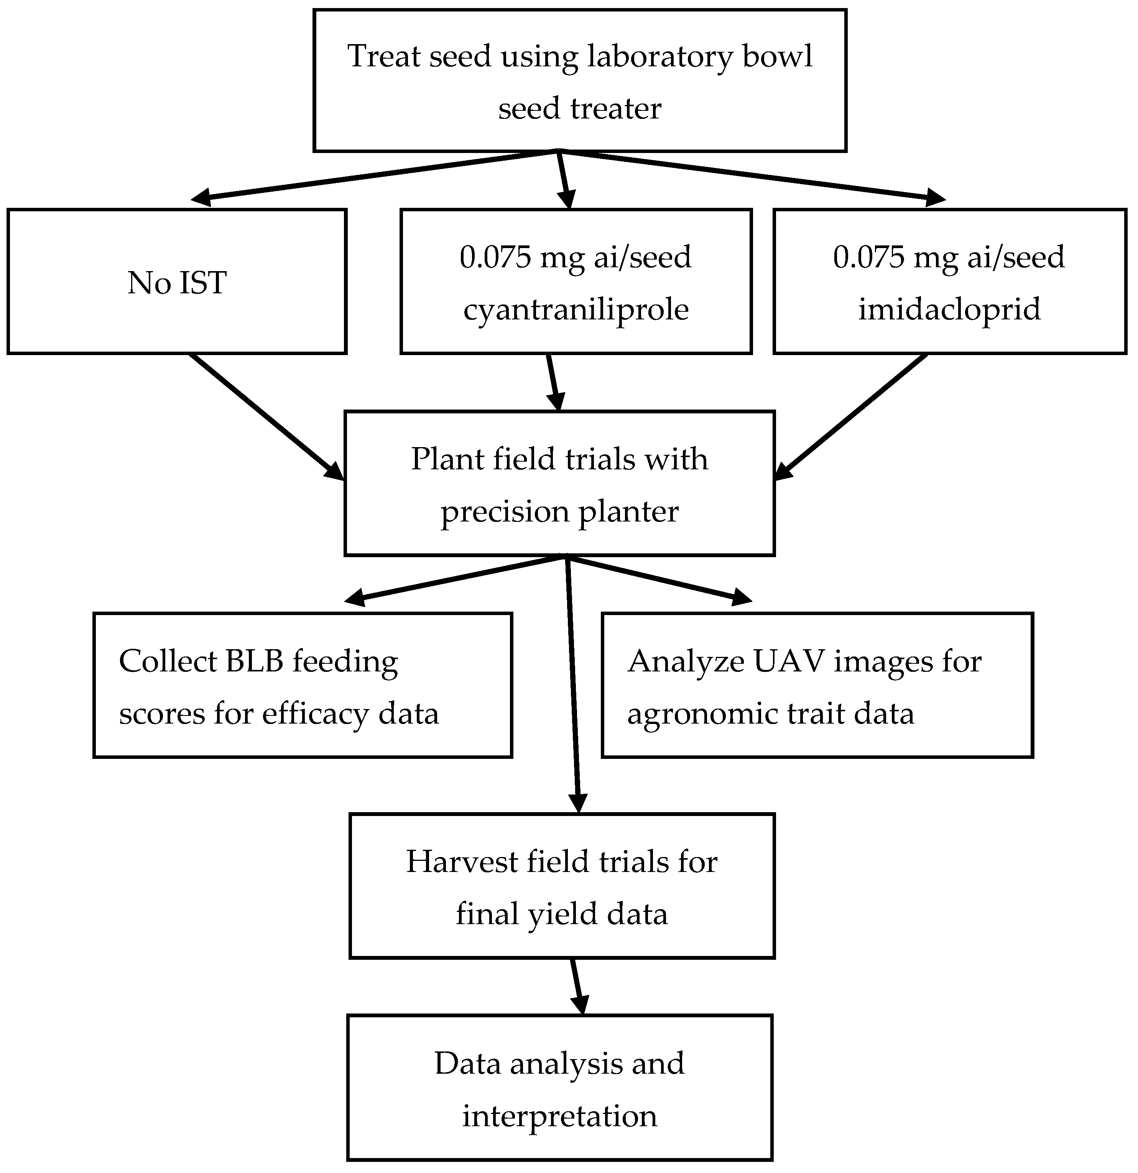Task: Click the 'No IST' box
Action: tap(177, 282)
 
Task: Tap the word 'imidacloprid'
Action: tap(949, 309)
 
